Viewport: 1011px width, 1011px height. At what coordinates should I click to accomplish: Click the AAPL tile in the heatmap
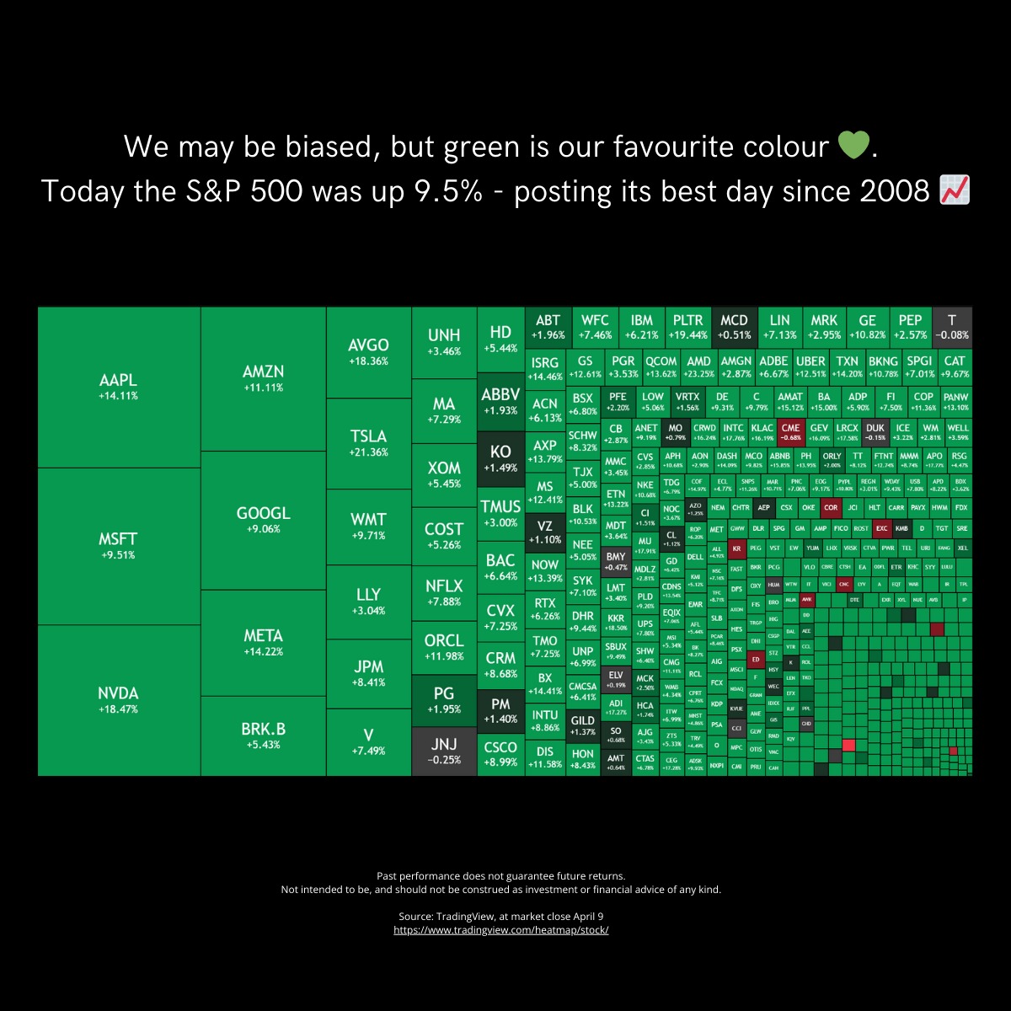click(x=118, y=387)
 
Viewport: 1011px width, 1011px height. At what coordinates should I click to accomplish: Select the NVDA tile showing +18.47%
click(x=118, y=699)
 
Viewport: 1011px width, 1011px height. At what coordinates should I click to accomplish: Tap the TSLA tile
click(x=368, y=442)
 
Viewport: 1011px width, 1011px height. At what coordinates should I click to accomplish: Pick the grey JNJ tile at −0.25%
click(x=444, y=751)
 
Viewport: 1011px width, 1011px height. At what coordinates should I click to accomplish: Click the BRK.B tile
click(x=263, y=735)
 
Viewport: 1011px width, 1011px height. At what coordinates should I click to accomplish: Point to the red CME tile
click(x=790, y=431)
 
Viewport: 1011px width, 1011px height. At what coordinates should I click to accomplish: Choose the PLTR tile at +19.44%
click(x=688, y=326)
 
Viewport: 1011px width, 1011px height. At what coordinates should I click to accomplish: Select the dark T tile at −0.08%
click(x=952, y=326)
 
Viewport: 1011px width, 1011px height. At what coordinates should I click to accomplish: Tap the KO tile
click(x=500, y=458)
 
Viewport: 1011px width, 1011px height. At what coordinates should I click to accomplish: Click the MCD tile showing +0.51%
click(x=734, y=326)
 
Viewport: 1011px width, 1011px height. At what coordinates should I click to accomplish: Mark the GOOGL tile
click(x=263, y=519)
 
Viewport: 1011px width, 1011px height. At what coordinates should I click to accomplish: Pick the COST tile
click(x=444, y=535)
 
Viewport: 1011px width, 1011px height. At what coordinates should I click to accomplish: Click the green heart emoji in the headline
click(x=853, y=147)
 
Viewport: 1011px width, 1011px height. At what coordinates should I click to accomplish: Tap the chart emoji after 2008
click(x=954, y=191)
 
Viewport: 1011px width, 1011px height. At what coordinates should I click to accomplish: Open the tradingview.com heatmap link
click(x=500, y=930)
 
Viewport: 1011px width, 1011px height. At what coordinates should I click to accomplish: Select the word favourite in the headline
click(x=684, y=147)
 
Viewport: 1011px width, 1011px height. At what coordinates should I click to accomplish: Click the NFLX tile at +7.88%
click(x=444, y=591)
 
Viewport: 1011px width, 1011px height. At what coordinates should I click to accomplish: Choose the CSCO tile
click(x=500, y=752)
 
